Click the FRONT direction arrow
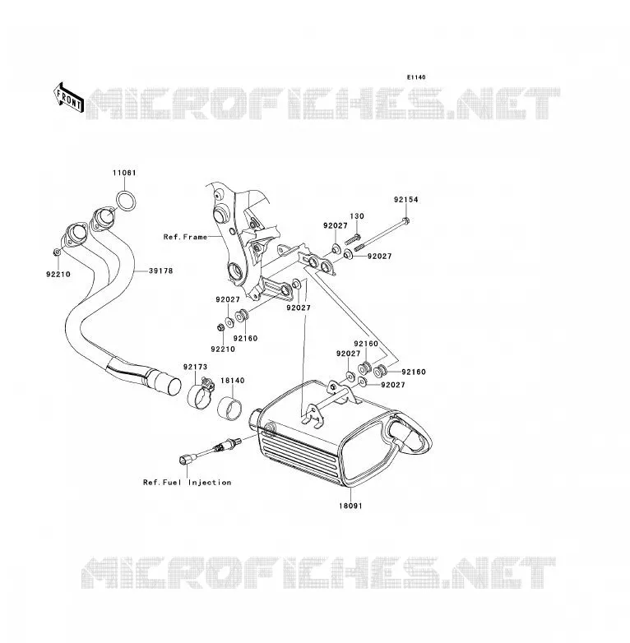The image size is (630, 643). point(68,98)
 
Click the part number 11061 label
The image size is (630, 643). point(124,173)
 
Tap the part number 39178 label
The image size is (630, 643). point(160,271)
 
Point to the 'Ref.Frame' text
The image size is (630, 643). point(185,237)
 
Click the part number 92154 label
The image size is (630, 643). point(406,200)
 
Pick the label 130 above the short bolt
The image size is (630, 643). point(357,216)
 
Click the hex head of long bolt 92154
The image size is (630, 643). point(406,221)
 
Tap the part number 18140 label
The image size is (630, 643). point(233,381)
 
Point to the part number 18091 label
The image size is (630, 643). point(350,506)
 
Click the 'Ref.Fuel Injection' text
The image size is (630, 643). point(187,482)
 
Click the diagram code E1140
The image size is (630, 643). point(416,77)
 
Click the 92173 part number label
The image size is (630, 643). point(195,367)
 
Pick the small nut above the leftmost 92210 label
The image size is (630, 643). point(58,252)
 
